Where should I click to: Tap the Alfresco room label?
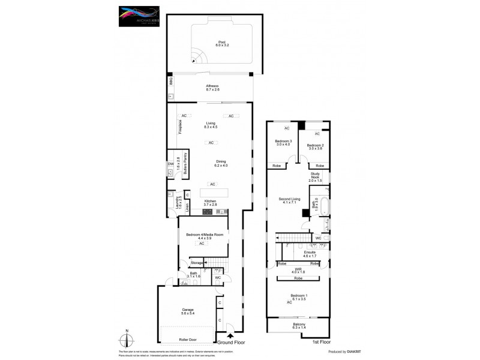tap(213, 88)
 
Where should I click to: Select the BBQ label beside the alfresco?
tap(170, 80)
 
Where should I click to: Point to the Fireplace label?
tap(179, 127)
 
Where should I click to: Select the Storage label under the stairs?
tap(197, 263)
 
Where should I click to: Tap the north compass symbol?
tap(127, 340)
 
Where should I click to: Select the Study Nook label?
tap(316, 178)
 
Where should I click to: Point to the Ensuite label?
tap(310, 254)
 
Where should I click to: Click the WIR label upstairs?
tap(298, 271)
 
